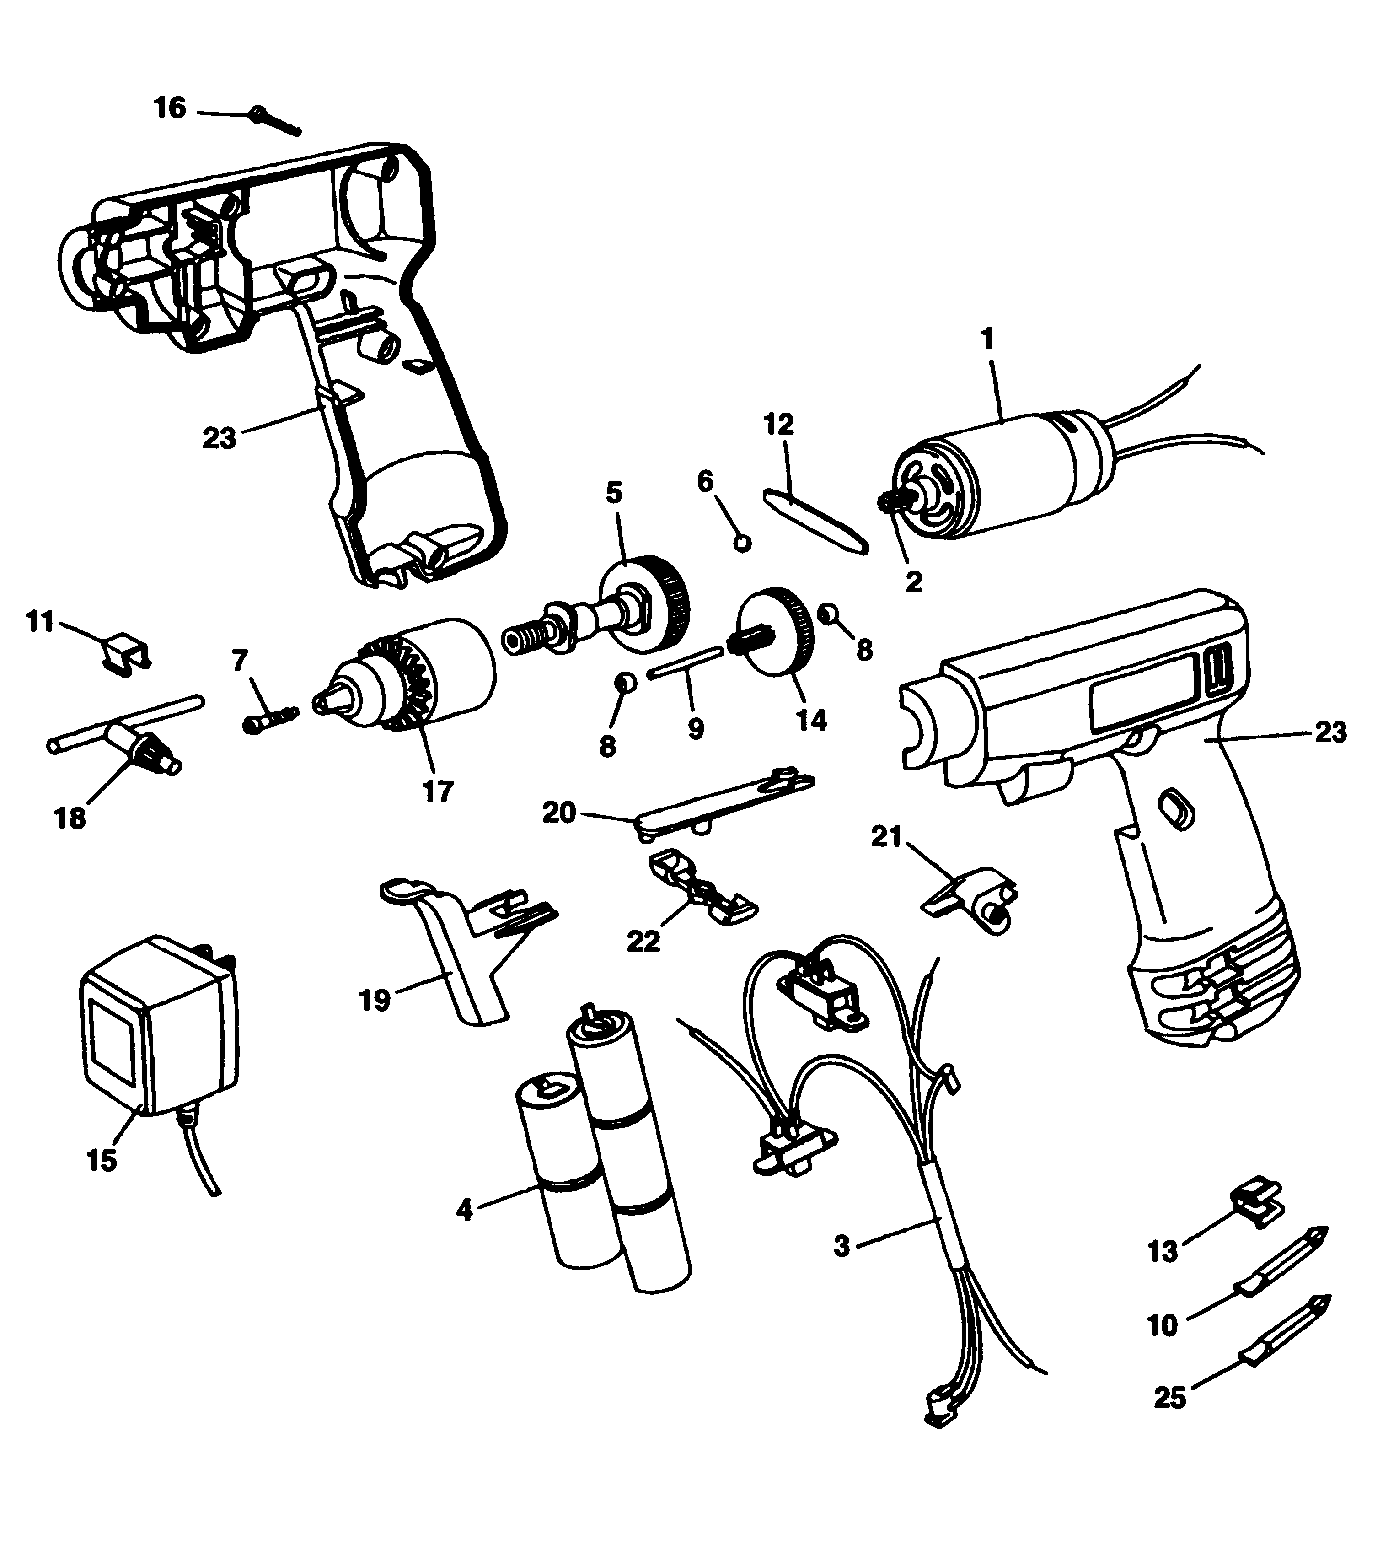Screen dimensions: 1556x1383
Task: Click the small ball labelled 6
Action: [743, 543]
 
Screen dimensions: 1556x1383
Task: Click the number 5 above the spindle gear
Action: [613, 493]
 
